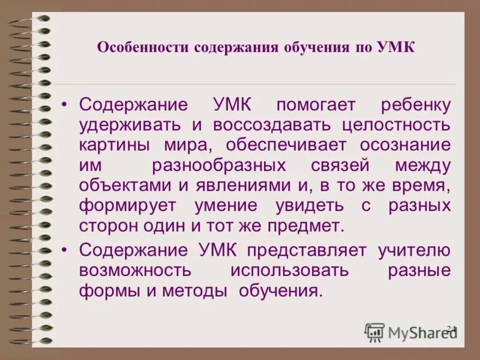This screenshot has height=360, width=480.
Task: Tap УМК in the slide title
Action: pos(395,47)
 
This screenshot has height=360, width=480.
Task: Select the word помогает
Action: pos(316,105)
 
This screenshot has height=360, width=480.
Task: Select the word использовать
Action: pos(290,270)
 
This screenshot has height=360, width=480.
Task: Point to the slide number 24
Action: pos(452,329)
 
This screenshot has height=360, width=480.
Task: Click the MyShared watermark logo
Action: pos(411,332)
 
